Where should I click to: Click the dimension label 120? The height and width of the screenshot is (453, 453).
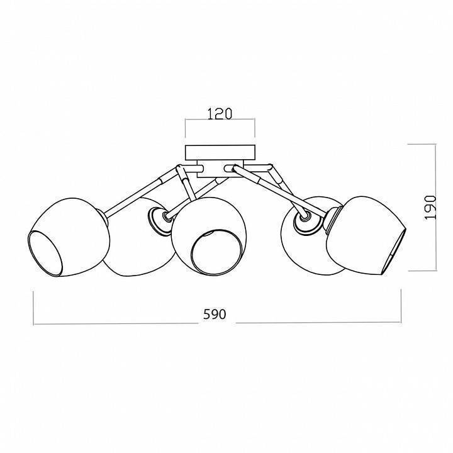point(220,114)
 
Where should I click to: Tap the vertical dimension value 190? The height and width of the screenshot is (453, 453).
point(430,208)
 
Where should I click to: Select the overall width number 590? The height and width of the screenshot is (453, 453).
point(215,314)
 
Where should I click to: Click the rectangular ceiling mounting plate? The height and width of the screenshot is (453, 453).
point(220,153)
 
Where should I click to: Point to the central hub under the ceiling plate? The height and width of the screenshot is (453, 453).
point(220,169)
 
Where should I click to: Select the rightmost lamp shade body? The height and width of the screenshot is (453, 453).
point(366,235)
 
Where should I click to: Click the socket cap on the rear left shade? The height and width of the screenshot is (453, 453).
point(159,220)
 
